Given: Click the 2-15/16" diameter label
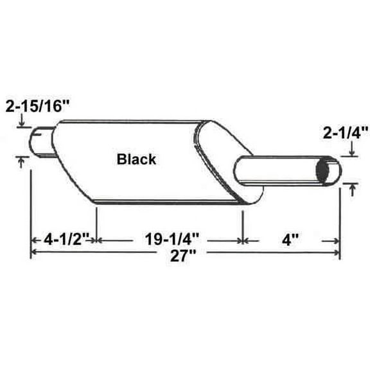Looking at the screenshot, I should point(37,107).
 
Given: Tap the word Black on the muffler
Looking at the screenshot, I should point(136,159).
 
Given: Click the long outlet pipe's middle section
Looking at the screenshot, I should point(283,170).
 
